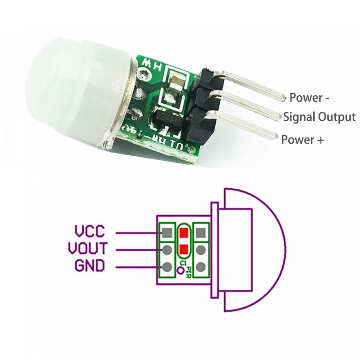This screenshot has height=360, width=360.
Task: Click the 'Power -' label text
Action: pyautogui.click(x=309, y=98)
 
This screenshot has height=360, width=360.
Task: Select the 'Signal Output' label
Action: pyautogui.click(x=319, y=117)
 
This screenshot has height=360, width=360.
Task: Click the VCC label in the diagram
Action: pyautogui.click(x=90, y=232)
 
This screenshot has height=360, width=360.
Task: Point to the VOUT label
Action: pyautogui.click(x=87, y=249)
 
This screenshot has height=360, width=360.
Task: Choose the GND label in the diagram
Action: pyautogui.click(x=90, y=266)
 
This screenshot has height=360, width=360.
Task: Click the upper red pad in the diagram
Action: pyautogui.click(x=183, y=233)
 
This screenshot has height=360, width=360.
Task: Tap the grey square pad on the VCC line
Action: pyautogui.click(x=167, y=232)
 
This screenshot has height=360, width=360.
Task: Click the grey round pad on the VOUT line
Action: pyautogui.click(x=167, y=250)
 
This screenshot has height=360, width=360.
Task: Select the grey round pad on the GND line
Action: pyautogui.click(x=167, y=267)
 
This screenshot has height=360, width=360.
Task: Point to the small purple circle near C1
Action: pyautogui.click(x=181, y=271)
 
